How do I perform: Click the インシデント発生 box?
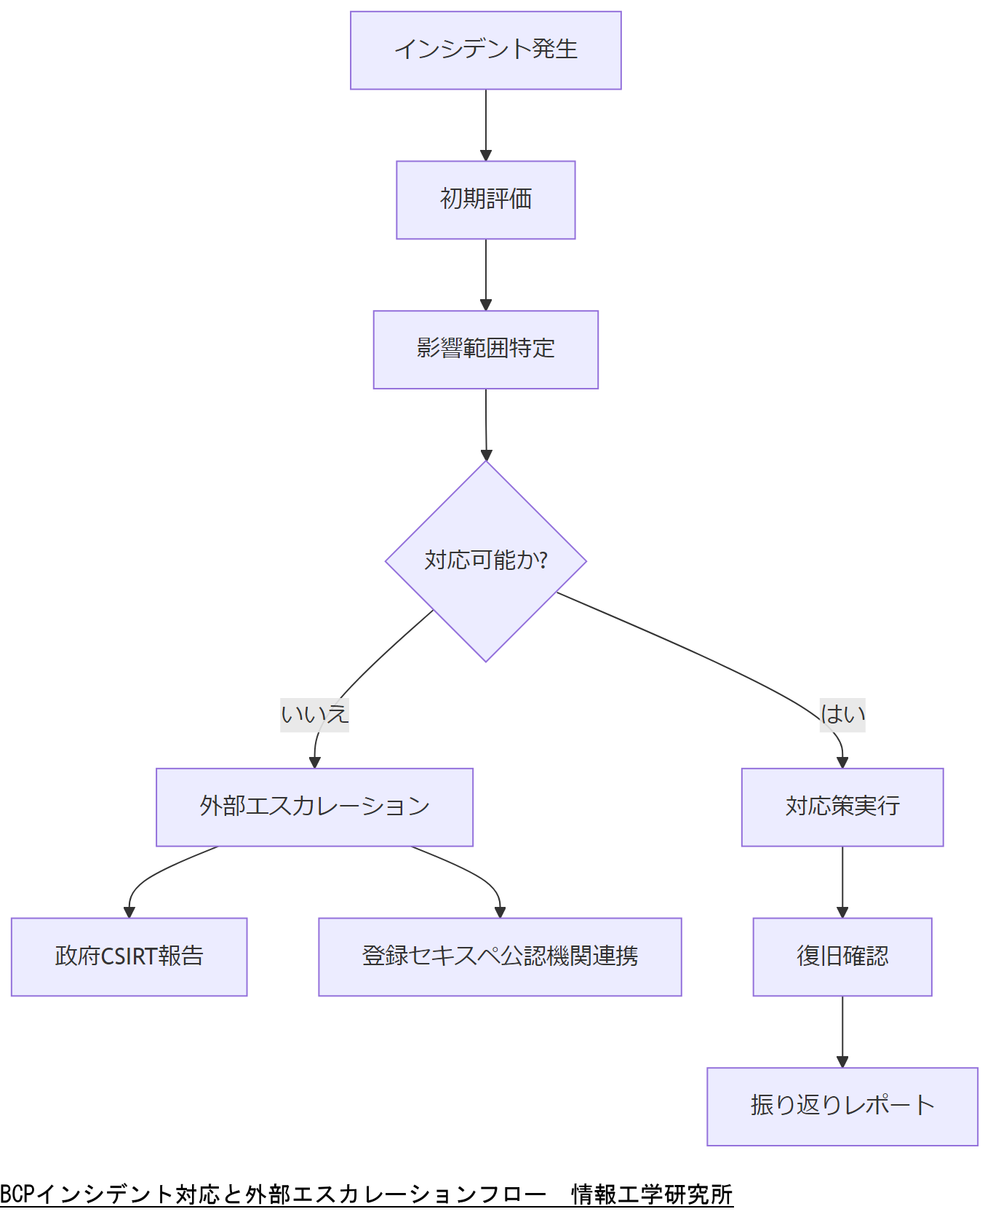[485, 50]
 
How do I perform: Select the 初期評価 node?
[485, 199]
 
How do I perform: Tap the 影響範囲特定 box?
[485, 349]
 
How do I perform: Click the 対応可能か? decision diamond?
[485, 561]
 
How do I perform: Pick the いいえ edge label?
[314, 714]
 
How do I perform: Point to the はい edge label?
[842, 714]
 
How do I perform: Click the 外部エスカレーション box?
[314, 807]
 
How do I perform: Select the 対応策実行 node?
[842, 807]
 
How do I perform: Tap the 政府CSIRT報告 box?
[129, 956]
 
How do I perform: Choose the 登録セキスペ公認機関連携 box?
[500, 956]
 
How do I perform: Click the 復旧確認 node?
[842, 956]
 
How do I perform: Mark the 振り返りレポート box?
[842, 1106]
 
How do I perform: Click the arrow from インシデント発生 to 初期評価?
[486, 124]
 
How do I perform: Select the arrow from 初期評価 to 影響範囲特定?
[486, 274]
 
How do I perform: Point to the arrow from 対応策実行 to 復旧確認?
[842, 881]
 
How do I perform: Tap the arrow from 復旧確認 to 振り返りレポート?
[842, 1031]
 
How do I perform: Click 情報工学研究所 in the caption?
[652, 1194]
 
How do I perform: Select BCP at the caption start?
[17, 1194]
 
